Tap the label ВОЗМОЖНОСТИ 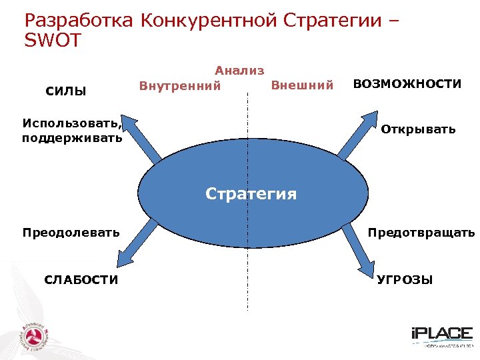pos(407,84)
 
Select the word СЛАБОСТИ pos(81,280)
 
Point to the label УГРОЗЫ pos(405,280)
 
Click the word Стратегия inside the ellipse pos(251,194)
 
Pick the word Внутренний pos(179,86)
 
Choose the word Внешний pos(302,85)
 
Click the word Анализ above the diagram pos(239,70)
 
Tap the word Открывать pos(418,129)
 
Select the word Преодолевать pos(71,233)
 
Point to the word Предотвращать pos(421,233)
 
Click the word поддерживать pos(72,139)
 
